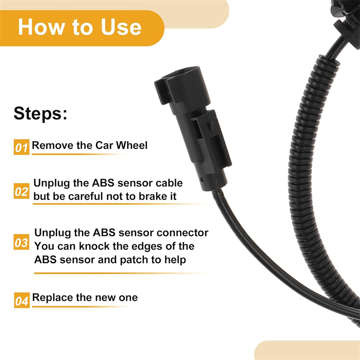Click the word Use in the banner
tap(121, 27)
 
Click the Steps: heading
tap(40, 113)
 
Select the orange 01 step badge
tap(22, 147)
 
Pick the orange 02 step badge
tap(22, 191)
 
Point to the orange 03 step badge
tap(21, 242)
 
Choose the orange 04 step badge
tap(22, 300)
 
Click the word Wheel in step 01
tap(131, 145)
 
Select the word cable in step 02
tap(169, 183)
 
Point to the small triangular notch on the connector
tap(211, 125)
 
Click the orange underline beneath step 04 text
tap(79, 307)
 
